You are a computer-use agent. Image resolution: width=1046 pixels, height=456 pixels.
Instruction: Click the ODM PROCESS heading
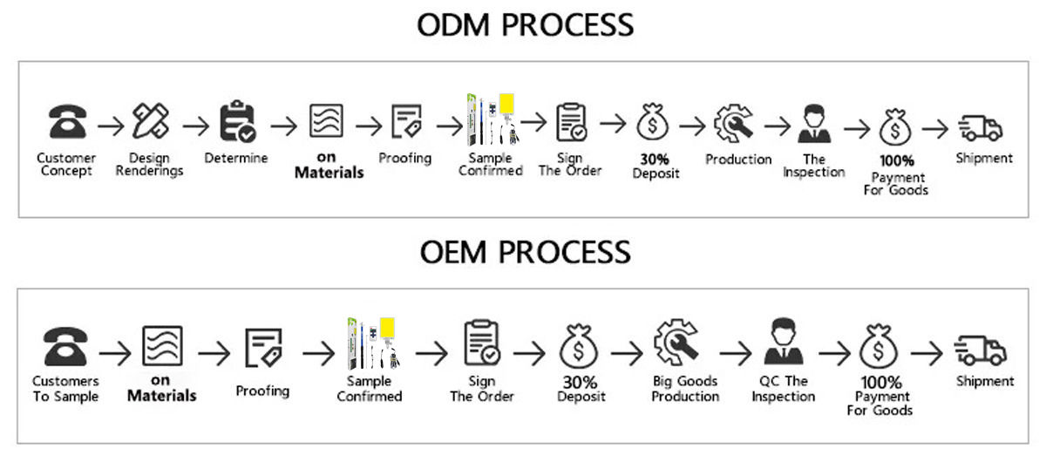[x=525, y=24]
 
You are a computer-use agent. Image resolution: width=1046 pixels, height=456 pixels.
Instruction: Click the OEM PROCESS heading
[x=525, y=252]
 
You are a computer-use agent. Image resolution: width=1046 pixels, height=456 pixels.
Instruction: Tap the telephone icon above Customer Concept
[x=66, y=123]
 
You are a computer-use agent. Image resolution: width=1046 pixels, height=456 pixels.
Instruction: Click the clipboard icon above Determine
[x=236, y=122]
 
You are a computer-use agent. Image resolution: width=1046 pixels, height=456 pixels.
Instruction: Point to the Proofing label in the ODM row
[x=404, y=159]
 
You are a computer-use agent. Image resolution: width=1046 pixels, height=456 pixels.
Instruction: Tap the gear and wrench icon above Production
[x=733, y=123]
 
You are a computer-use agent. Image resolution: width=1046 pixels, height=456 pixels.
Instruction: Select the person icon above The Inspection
[x=814, y=123]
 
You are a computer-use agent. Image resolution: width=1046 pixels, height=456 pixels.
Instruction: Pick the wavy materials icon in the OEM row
[x=162, y=345]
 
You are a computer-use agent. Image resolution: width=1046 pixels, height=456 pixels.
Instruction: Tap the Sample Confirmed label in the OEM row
[x=370, y=389]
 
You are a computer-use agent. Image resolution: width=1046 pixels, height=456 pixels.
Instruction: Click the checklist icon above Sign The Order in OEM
[x=482, y=344]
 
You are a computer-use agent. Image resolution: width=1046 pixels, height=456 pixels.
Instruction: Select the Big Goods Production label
[x=685, y=389]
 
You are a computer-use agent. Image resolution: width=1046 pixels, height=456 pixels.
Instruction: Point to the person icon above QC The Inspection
[x=783, y=344]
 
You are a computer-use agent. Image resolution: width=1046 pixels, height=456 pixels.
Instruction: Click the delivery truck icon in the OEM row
[x=981, y=351]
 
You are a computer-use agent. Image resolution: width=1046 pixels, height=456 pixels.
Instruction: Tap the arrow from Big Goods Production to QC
[x=734, y=353]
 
